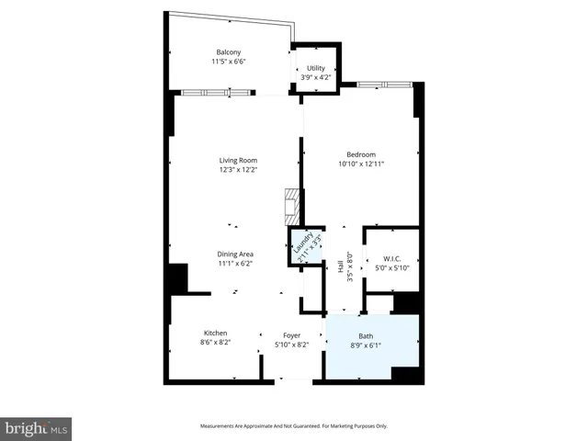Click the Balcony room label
coord(230,51)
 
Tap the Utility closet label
coord(316,68)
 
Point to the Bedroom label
coord(361,154)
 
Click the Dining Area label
coord(236,254)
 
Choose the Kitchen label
coord(215,333)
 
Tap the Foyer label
coord(291,335)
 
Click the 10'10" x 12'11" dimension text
coord(361,164)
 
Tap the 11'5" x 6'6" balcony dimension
coord(229,62)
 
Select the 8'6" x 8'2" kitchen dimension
coord(215,343)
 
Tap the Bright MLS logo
coord(36,428)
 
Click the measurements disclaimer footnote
coord(294,425)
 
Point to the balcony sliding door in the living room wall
coord(217,92)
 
